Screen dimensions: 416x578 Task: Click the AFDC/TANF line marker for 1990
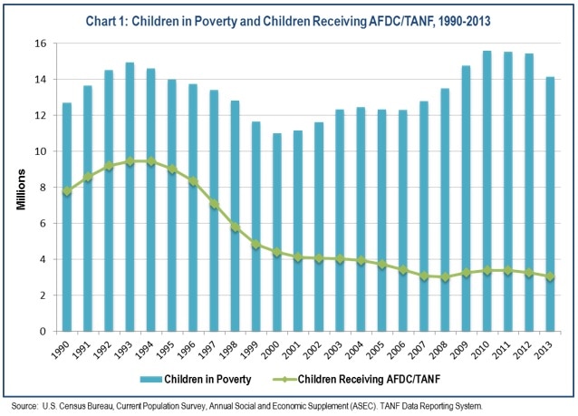tap(67, 191)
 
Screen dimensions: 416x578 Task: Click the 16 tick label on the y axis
tap(39, 44)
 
